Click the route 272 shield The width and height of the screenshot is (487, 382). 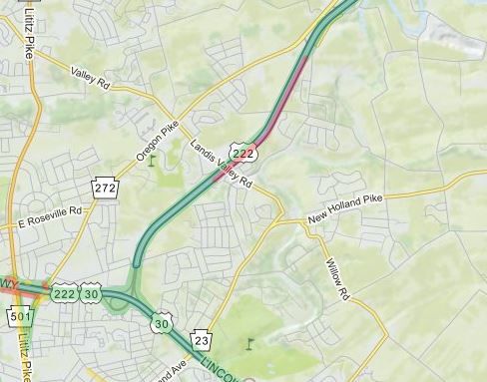105,187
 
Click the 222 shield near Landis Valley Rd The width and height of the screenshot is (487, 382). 244,152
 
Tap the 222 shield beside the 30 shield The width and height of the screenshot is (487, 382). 65,293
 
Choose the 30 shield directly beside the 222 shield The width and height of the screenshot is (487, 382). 91,293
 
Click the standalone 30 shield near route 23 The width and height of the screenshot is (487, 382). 162,323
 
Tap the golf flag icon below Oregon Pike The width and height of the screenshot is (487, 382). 153,160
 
